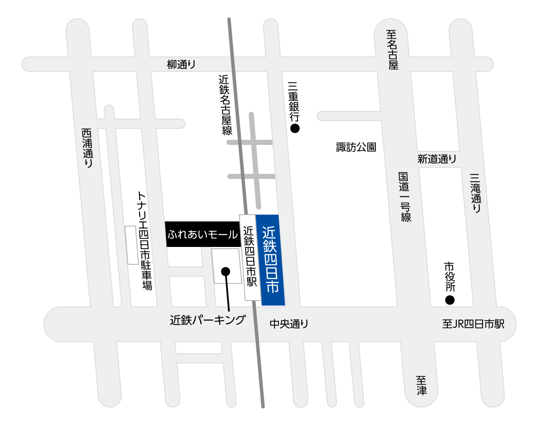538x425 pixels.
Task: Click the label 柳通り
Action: [x=181, y=65]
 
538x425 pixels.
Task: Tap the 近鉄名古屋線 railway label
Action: [x=225, y=105]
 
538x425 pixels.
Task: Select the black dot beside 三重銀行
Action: [x=295, y=128]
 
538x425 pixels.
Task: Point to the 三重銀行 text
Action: [x=294, y=102]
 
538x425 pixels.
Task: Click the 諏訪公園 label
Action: [x=356, y=147]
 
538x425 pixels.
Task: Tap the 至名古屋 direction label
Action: [x=392, y=49]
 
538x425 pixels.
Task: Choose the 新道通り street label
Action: [x=437, y=159]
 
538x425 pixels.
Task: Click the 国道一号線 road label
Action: [x=404, y=196]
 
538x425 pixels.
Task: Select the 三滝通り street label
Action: [x=476, y=193]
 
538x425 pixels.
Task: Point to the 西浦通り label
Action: [x=87, y=148]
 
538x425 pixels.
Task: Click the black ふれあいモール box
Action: [x=203, y=234]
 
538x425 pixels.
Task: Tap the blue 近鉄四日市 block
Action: [x=271, y=260]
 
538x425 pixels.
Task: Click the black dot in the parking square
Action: [x=226, y=271]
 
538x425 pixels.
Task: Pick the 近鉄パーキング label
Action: [x=208, y=320]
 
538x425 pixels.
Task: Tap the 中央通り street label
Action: [x=289, y=324]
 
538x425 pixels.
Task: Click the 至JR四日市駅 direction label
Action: [x=473, y=324]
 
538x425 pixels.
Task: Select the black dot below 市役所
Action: [x=449, y=300]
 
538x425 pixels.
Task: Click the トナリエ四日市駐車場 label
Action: [x=145, y=241]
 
